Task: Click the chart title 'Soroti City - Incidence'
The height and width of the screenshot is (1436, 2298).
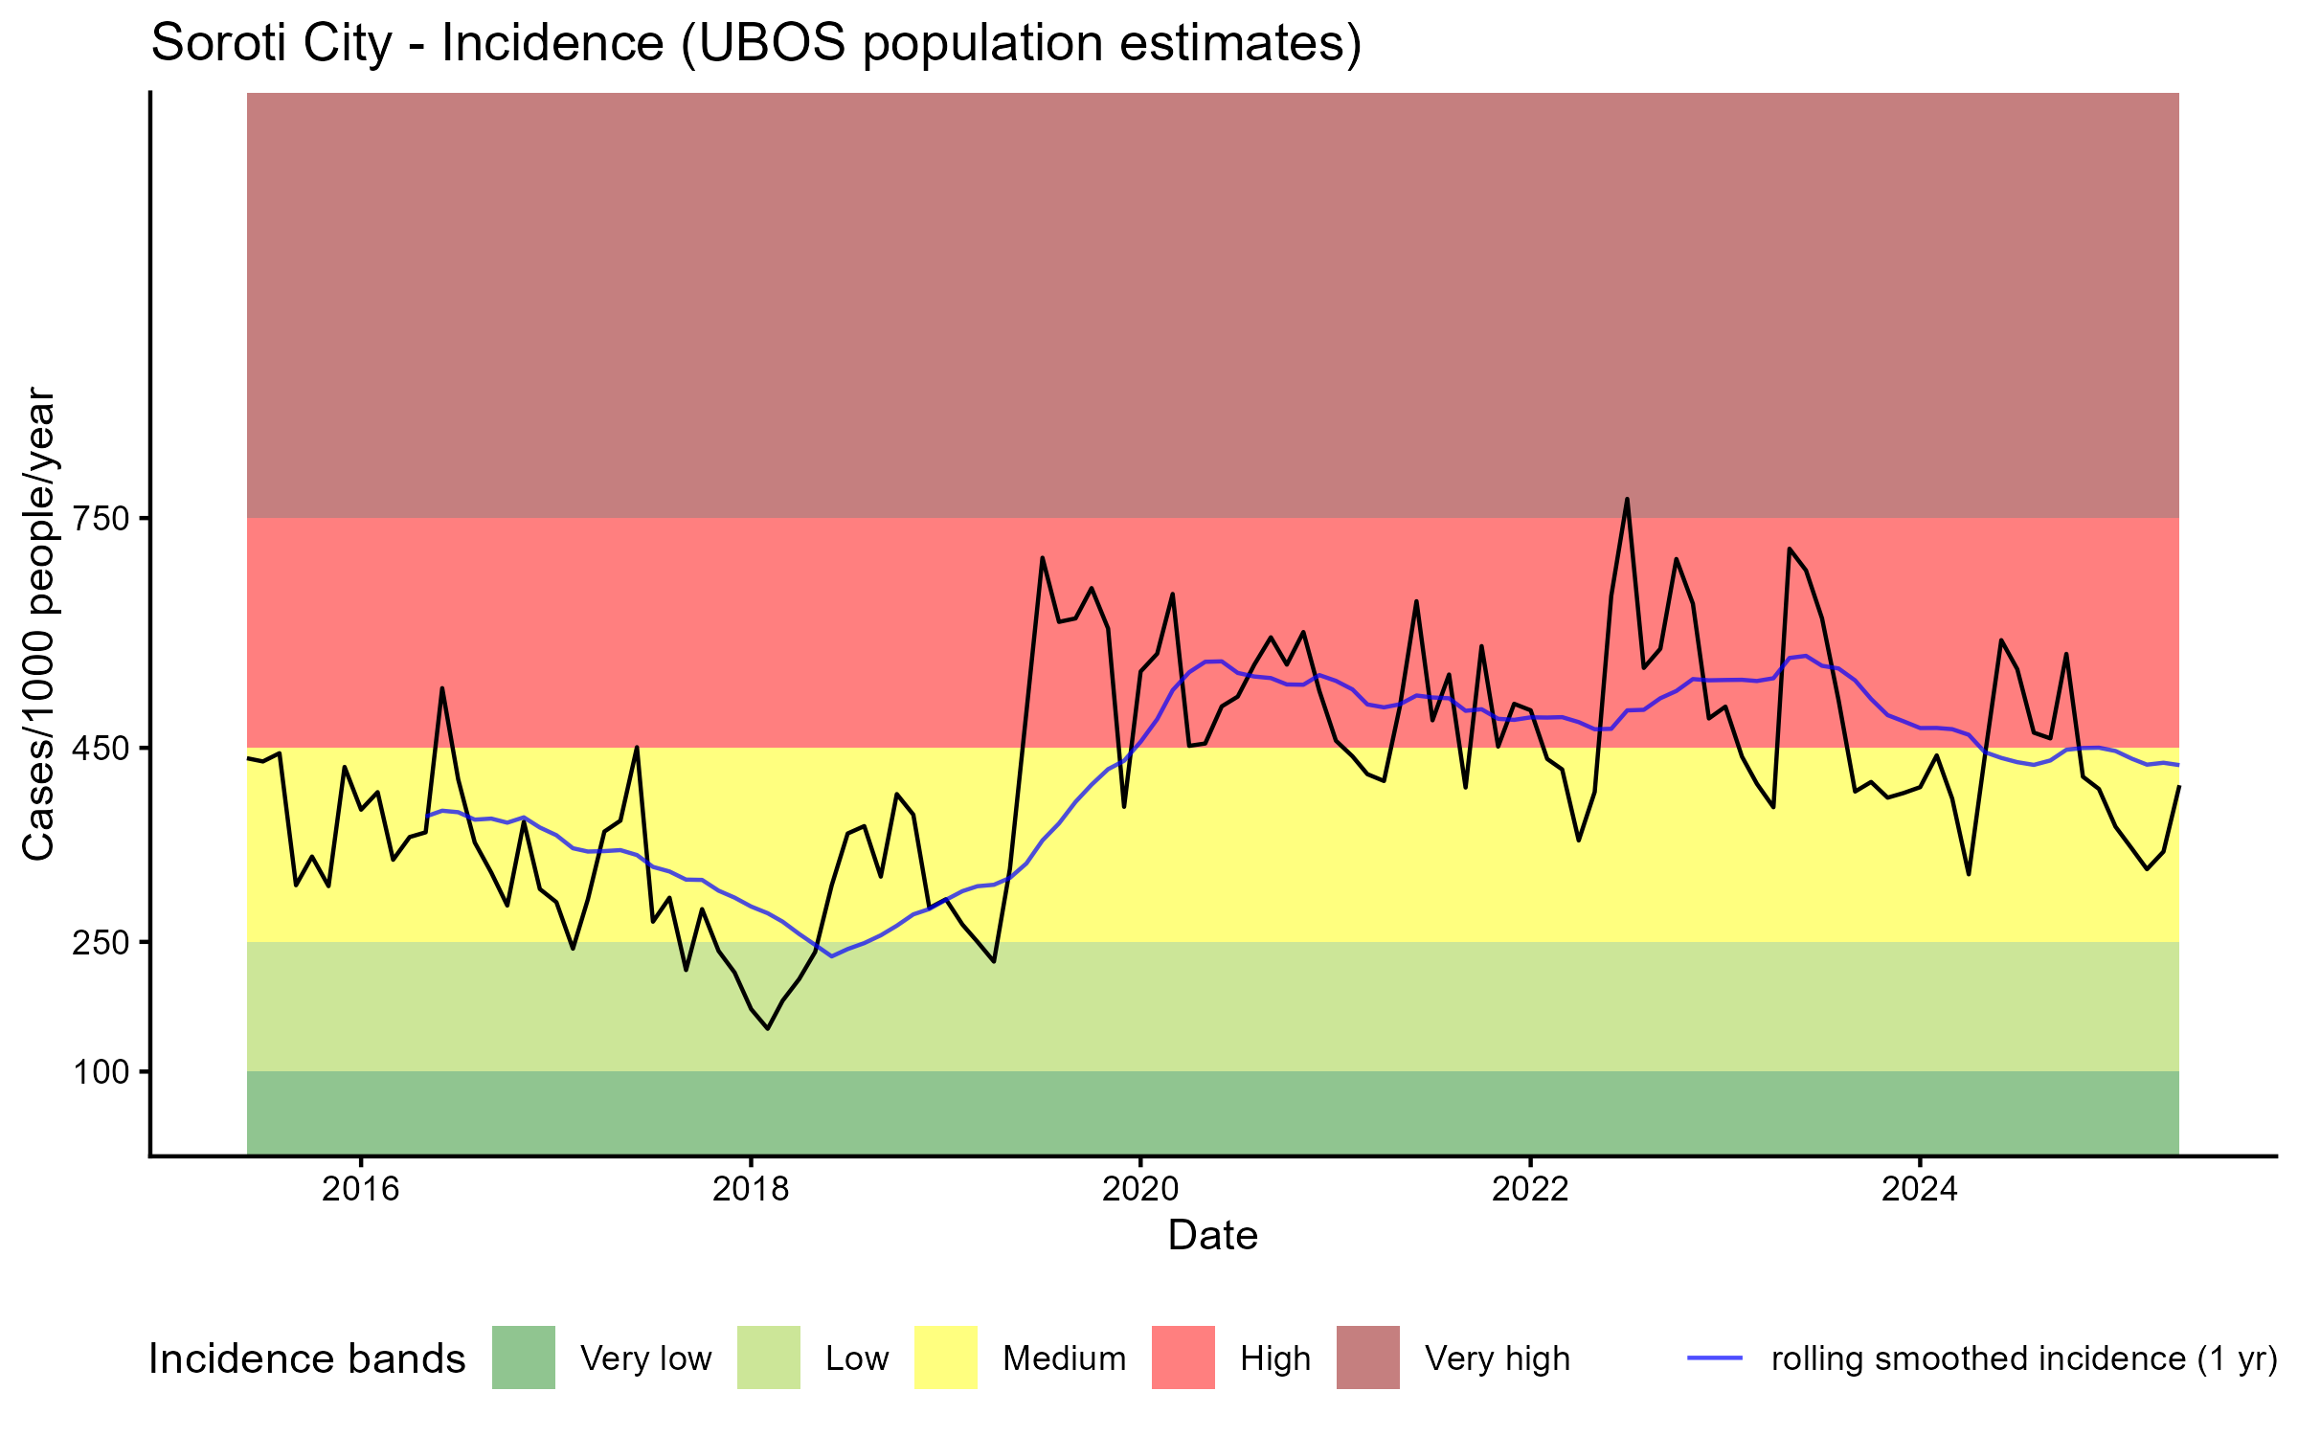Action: point(755,43)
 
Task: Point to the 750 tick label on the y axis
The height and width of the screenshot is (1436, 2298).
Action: point(101,519)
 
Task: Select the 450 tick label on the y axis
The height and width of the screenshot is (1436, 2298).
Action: point(101,748)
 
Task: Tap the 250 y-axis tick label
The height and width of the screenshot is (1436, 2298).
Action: point(101,942)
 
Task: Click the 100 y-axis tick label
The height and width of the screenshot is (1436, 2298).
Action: point(101,1072)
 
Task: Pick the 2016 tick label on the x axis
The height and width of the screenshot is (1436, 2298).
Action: point(360,1189)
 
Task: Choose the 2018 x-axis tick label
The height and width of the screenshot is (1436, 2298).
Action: point(751,1189)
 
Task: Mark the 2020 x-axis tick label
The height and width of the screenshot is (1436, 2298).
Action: point(1140,1189)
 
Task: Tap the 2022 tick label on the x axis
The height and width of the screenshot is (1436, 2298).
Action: point(1530,1189)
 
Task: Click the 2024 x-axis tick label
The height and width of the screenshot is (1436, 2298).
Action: point(1920,1189)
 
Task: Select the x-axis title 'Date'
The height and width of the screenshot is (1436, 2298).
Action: point(1212,1236)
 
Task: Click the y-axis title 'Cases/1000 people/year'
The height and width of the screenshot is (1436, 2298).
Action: point(39,623)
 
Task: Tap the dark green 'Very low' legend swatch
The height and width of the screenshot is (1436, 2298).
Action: point(523,1357)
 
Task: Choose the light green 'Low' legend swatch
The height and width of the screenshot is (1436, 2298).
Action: point(768,1357)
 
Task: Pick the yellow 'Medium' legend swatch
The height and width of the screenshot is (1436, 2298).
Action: point(946,1357)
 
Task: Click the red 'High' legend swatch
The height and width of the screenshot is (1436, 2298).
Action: point(1183,1357)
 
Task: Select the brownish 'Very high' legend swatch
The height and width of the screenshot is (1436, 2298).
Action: point(1367,1357)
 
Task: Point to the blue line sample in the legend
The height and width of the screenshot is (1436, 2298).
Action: point(1714,1357)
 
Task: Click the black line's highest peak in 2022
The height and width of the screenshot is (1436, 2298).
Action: point(1627,499)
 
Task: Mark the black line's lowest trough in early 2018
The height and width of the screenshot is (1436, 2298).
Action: point(767,1028)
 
